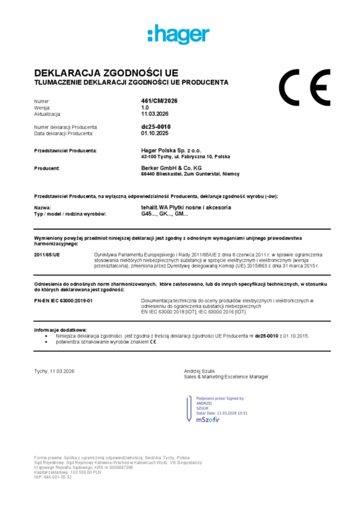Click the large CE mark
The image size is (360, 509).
(x=304, y=88)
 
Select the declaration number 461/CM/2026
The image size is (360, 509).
(x=159, y=101)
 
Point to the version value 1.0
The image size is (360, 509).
(x=145, y=107)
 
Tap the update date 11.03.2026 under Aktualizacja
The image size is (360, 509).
(x=155, y=114)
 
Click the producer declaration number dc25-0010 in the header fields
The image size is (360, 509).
(x=156, y=127)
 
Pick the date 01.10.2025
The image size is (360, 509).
(x=155, y=133)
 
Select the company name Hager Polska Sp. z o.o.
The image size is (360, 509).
(x=171, y=150)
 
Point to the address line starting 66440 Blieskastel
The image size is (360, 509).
(x=190, y=174)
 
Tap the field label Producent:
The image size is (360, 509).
(x=47, y=169)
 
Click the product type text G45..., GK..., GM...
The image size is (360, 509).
(x=165, y=214)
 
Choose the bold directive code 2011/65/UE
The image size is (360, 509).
(x=47, y=254)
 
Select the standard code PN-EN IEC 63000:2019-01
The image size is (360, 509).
(x=63, y=301)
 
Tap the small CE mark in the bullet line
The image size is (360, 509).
(x=153, y=342)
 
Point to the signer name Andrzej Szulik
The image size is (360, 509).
(x=200, y=371)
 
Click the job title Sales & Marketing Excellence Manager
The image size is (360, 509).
(x=226, y=377)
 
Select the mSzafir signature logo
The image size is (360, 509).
(x=207, y=420)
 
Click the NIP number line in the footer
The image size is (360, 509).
(x=53, y=477)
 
